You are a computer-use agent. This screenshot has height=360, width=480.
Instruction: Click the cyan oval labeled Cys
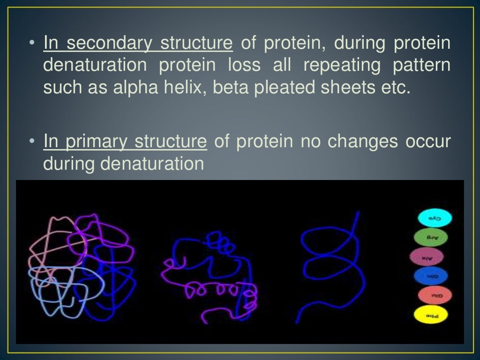coord(435,218)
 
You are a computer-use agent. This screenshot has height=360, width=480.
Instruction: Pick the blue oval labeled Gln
coord(431,277)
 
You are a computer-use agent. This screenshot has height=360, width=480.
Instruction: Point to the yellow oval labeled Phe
coord(430,315)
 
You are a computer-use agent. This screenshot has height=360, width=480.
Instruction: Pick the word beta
coord(231,88)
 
